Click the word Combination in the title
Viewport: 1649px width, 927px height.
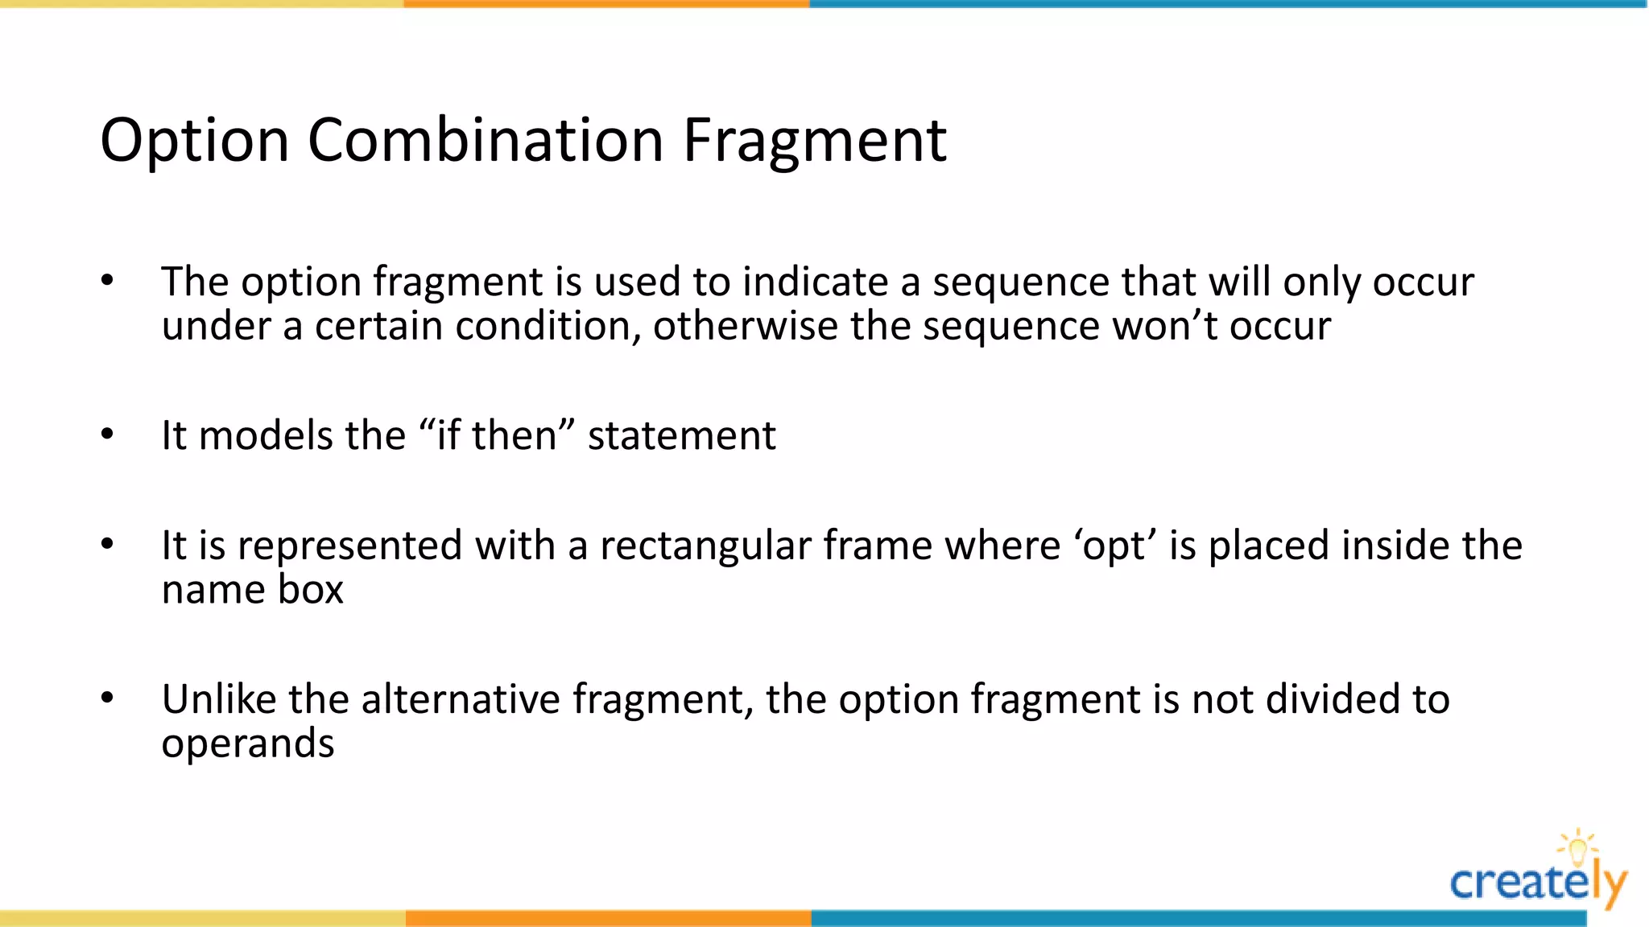coord(486,140)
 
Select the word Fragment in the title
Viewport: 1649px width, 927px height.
coord(814,142)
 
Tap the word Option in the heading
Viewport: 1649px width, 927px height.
coord(194,142)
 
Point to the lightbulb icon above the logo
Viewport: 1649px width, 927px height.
coord(1577,847)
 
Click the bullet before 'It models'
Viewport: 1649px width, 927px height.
coord(108,435)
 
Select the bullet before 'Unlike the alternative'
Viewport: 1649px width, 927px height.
coord(108,698)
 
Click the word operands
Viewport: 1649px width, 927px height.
coord(247,744)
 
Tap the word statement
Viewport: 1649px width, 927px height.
coord(681,435)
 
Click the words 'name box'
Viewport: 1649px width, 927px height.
coord(252,589)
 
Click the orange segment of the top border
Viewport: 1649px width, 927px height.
coord(606,4)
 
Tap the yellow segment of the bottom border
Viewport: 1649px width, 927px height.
coord(201,918)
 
